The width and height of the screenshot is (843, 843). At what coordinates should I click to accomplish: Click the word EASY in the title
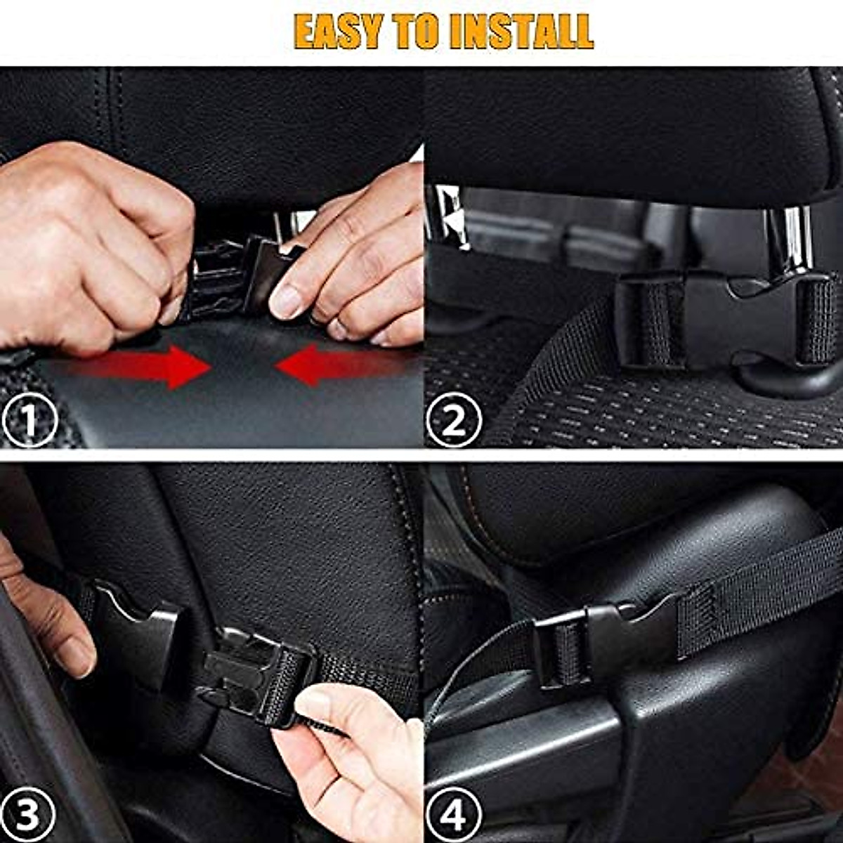339,31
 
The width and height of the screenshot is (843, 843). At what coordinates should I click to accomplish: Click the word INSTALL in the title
521,31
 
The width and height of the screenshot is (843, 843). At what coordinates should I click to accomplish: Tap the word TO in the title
419,31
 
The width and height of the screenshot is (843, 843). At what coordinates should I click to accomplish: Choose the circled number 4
455,816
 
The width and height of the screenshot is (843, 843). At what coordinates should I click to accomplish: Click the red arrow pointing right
140,366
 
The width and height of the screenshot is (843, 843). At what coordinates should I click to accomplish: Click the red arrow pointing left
337,366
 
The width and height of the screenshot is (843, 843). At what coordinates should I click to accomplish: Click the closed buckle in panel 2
724,320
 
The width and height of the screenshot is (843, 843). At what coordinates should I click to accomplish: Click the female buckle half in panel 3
137,636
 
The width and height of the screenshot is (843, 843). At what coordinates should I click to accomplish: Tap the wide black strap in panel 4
759,590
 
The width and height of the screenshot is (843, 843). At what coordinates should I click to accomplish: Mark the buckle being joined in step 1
232,277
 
